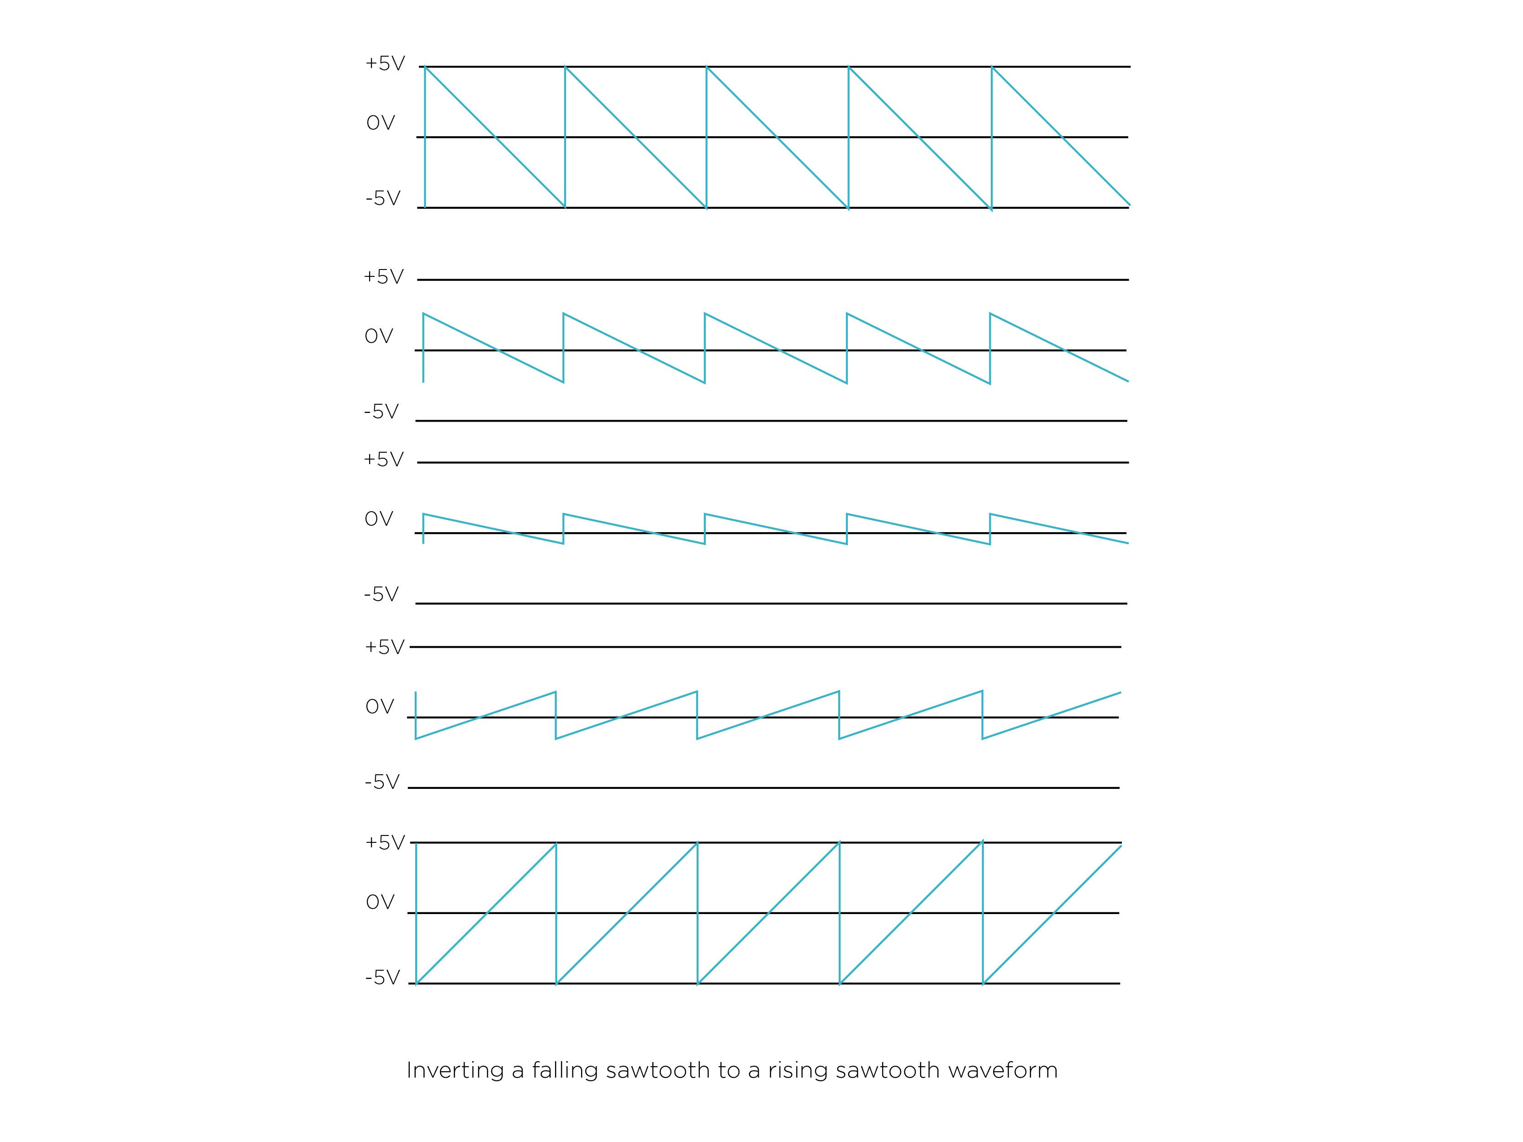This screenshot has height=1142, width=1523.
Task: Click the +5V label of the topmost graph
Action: pos(385,64)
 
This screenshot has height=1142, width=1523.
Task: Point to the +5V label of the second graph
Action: pos(384,277)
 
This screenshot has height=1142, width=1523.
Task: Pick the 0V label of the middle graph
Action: pos(379,519)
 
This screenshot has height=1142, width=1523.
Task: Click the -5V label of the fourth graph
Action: pos(382,782)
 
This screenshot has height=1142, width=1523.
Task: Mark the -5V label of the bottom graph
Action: pos(383,978)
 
